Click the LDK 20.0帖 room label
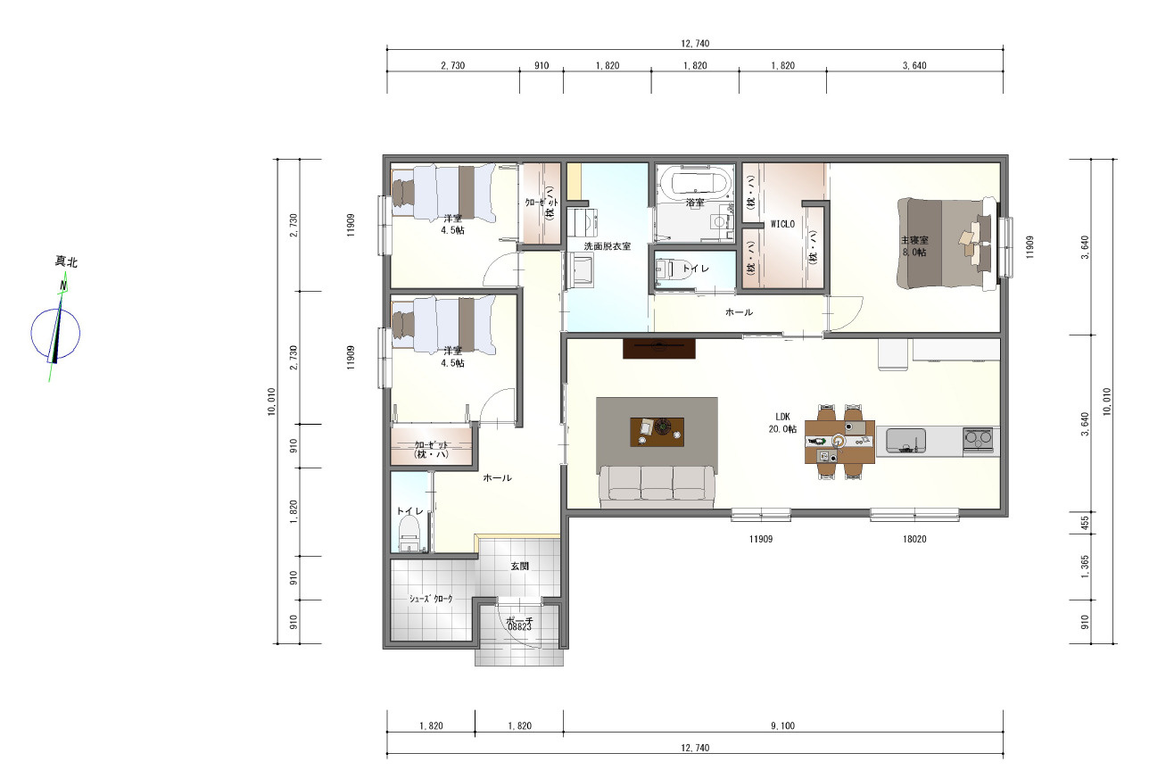pyautogui.click(x=782, y=423)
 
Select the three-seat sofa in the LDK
pyautogui.click(x=657, y=486)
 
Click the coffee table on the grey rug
pyautogui.click(x=657, y=432)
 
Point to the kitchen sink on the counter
pyautogui.click(x=905, y=440)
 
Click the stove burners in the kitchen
pyautogui.click(x=978, y=439)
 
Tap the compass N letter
pyautogui.click(x=63, y=286)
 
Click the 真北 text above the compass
pyautogui.click(x=67, y=261)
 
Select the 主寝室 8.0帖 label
pyautogui.click(x=914, y=246)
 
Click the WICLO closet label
pyautogui.click(x=782, y=224)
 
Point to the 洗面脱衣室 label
pyautogui.click(x=608, y=246)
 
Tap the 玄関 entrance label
pyautogui.click(x=520, y=566)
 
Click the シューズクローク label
pyautogui.click(x=431, y=599)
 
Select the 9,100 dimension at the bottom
pyautogui.click(x=782, y=726)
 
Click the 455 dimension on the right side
pyautogui.click(x=1085, y=523)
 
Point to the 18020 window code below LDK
pyautogui.click(x=914, y=539)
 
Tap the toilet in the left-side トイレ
pyautogui.click(x=409, y=533)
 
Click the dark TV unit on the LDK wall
pyautogui.click(x=658, y=349)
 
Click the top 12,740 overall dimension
pyautogui.click(x=695, y=44)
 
